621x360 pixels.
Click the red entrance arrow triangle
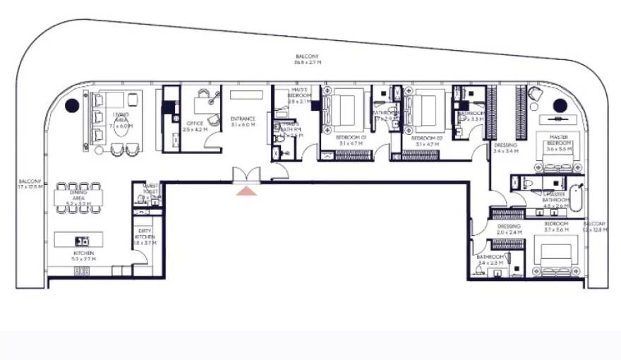[246, 190]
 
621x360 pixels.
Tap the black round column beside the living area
[71, 106]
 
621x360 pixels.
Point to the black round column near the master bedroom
[560, 106]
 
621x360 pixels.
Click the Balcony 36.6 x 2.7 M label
[308, 59]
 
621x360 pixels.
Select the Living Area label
[121, 121]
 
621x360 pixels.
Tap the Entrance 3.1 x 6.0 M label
[242, 121]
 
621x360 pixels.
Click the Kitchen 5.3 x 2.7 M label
[83, 256]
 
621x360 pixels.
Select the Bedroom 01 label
[347, 140]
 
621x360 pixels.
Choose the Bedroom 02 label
[426, 140]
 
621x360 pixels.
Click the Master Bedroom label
[558, 145]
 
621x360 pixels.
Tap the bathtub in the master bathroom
[576, 199]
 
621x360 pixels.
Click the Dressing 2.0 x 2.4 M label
[508, 229]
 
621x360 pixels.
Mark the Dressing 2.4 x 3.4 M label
[505, 148]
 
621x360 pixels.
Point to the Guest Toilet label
[149, 192]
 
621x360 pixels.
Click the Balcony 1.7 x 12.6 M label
[30, 184]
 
